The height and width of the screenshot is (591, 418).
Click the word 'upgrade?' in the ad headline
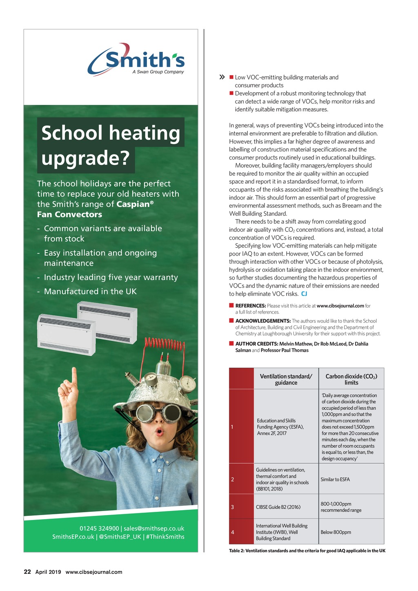(x=85, y=158)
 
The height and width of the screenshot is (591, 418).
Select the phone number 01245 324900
(x=99, y=529)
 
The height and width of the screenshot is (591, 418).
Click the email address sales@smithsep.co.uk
(x=154, y=529)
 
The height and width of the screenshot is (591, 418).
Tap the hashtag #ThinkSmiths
(x=165, y=537)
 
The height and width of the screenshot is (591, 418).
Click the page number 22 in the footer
(x=27, y=572)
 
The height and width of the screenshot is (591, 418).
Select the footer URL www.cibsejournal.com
(x=94, y=572)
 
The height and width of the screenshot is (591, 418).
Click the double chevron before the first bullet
(x=222, y=77)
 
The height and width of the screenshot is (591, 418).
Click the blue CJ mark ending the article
(x=304, y=294)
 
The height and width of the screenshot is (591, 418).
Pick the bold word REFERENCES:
(x=250, y=306)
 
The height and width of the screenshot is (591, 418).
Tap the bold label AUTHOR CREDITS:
(x=256, y=344)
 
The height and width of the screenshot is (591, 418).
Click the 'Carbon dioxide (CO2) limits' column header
(x=351, y=379)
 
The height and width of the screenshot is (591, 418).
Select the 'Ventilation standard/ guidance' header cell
(x=286, y=379)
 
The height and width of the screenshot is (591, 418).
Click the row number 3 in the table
(x=232, y=507)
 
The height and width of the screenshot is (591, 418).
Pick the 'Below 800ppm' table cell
(x=336, y=532)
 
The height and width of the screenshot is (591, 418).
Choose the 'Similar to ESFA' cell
(x=335, y=480)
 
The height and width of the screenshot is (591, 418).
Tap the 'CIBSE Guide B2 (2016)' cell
(x=278, y=507)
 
